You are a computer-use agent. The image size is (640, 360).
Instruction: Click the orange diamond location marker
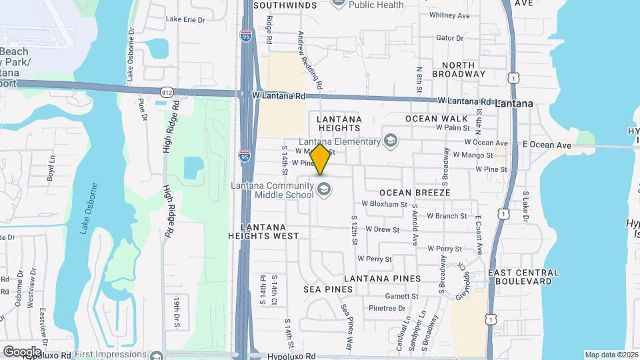tap(321, 159)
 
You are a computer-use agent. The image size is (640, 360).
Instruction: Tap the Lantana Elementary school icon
tap(390, 141)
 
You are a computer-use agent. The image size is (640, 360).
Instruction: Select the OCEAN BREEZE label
tap(415, 192)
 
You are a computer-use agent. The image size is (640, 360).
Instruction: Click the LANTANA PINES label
tap(383, 279)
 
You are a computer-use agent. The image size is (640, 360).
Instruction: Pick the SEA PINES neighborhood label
tap(327, 289)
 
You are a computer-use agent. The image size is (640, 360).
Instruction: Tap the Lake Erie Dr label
tap(185, 19)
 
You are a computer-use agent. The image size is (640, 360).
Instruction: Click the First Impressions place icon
tap(157, 355)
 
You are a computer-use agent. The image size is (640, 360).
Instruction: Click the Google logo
tap(22, 351)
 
